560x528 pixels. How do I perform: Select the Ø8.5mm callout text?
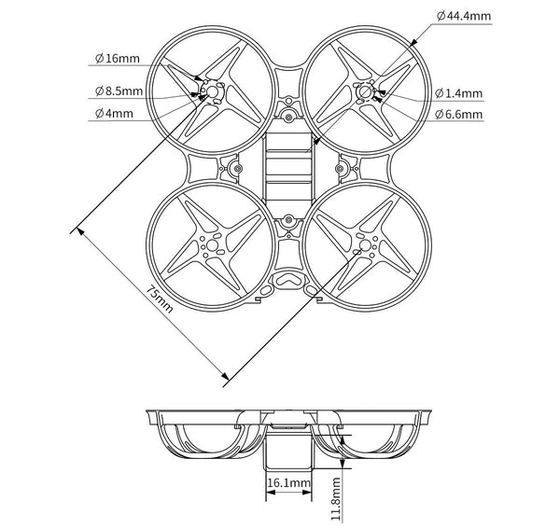pos(119,91)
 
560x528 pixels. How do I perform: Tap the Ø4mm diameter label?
pos(114,114)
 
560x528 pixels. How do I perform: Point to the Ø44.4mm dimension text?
pos(469,17)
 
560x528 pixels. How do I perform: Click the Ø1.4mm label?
pos(459,92)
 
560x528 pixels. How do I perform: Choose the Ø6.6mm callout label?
pos(459,115)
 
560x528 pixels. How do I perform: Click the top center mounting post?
pos(288,118)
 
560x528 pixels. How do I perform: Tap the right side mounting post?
pos(342,169)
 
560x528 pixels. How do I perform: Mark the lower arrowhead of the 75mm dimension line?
pos(224,377)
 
